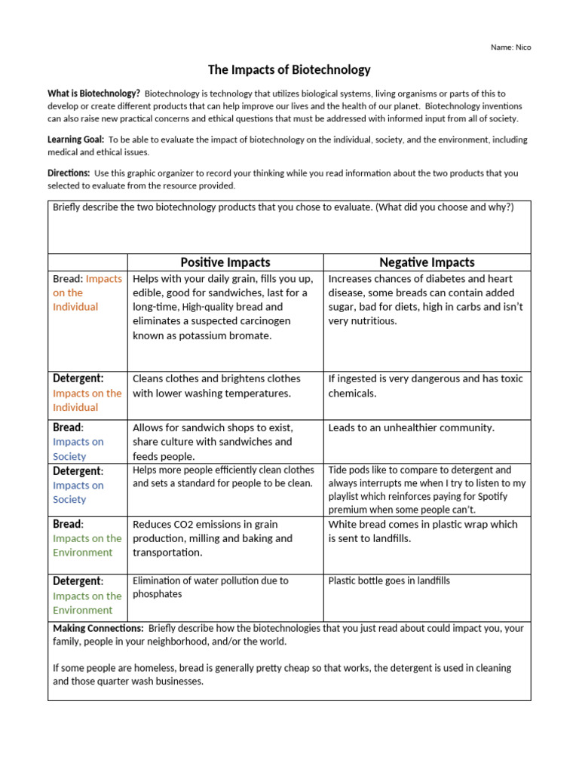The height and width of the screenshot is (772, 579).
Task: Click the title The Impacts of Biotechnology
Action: click(x=289, y=70)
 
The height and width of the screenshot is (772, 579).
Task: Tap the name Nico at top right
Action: click(x=510, y=47)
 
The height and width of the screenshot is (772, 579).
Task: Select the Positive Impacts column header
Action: click(x=225, y=262)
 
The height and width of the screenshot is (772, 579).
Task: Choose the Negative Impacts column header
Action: click(x=427, y=262)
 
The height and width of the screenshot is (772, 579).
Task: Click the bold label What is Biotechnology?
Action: click(x=93, y=93)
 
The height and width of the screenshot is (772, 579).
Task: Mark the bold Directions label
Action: click(x=69, y=173)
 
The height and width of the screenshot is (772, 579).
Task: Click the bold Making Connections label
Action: click(x=98, y=628)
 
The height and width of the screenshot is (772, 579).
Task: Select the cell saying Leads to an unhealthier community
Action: click(x=411, y=427)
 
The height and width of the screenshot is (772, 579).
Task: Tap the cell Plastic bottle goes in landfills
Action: click(x=389, y=581)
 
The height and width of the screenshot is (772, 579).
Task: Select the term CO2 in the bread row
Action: click(x=188, y=524)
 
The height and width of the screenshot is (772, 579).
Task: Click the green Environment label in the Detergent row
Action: click(x=82, y=610)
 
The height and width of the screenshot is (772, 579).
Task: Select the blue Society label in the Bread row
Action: click(x=69, y=456)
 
